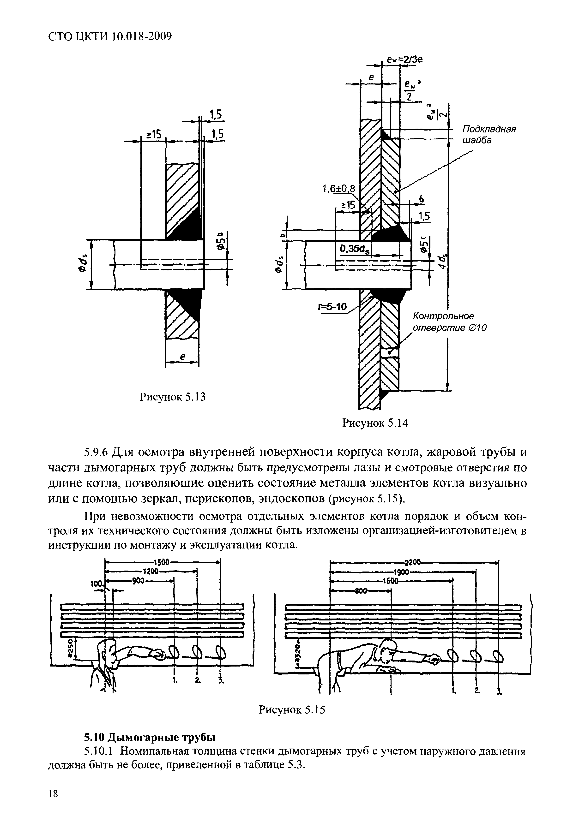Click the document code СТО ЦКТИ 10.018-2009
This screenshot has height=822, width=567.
click(x=110, y=36)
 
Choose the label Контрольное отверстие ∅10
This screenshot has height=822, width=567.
click(x=449, y=322)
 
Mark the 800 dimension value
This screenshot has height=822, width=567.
click(x=360, y=590)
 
